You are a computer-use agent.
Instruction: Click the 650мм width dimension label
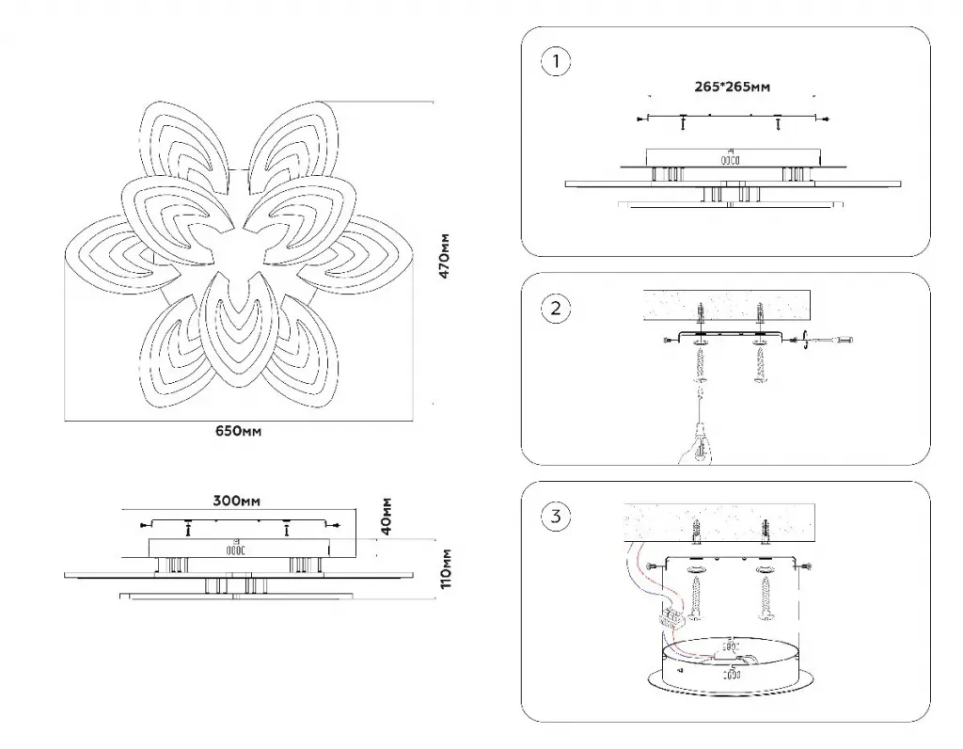coord(238,431)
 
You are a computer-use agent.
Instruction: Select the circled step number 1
coord(556,63)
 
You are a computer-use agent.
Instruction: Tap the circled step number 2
coord(556,308)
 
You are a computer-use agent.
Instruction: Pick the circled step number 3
coord(556,516)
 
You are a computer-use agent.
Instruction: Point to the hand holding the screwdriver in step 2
coord(694,447)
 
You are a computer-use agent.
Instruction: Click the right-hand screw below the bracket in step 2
coord(760,365)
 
